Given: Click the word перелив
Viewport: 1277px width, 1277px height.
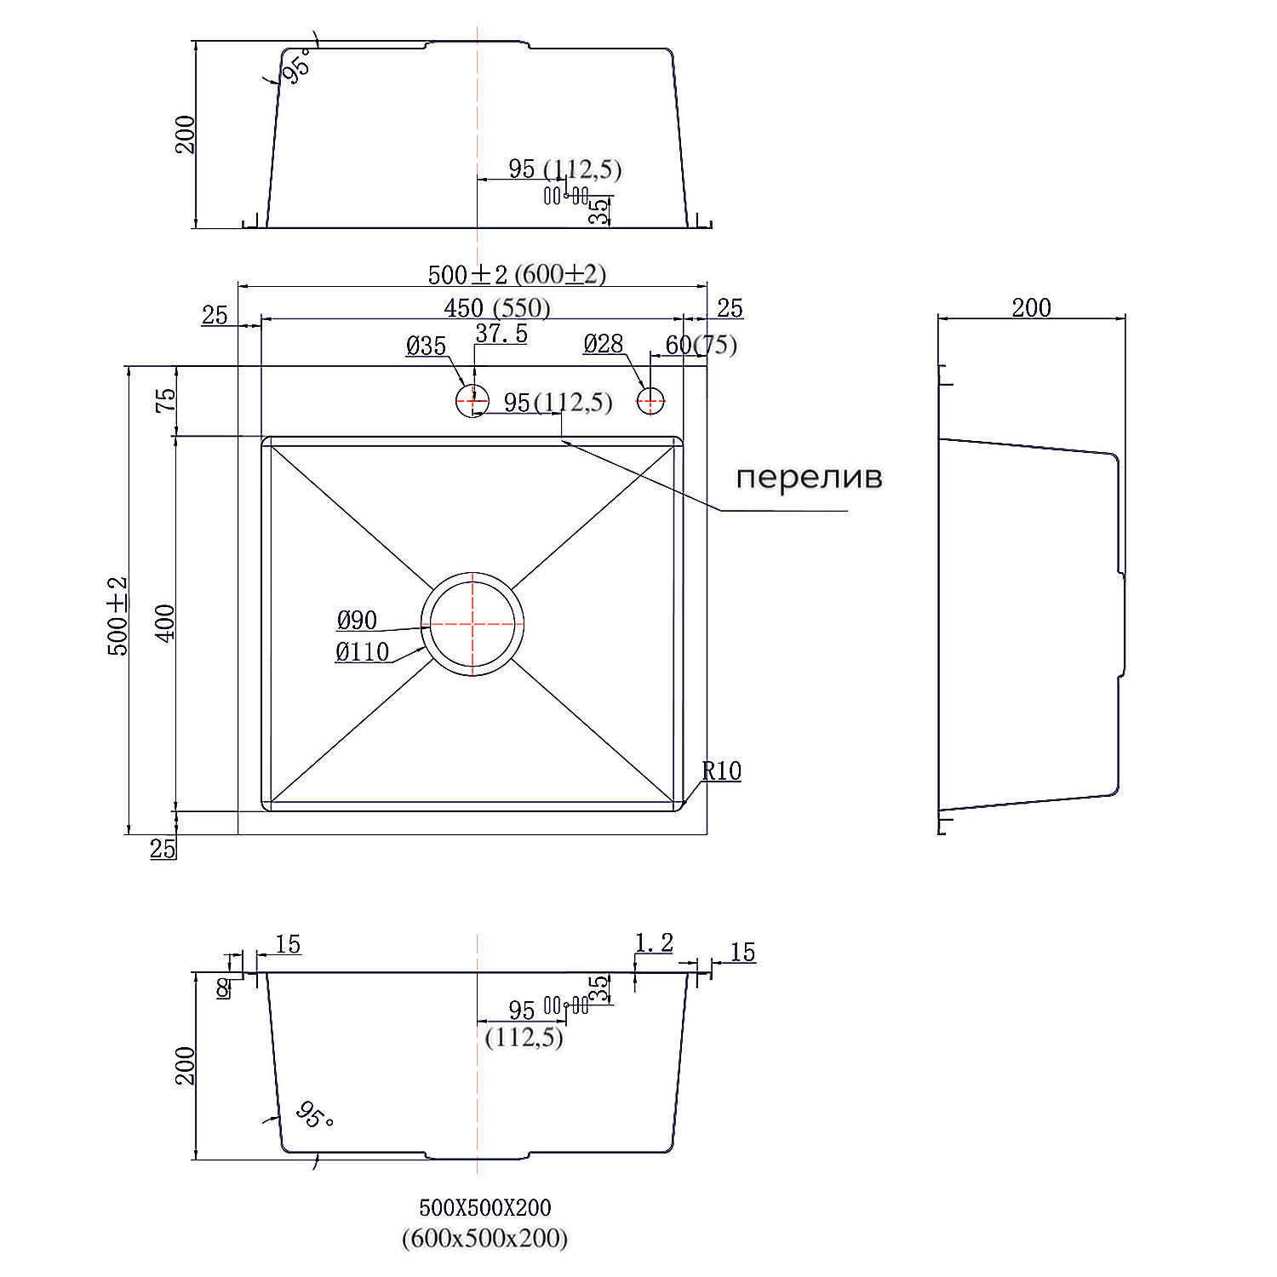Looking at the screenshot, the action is pyautogui.click(x=809, y=478).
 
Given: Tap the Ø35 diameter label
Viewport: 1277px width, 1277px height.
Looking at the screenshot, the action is pyautogui.click(x=426, y=346).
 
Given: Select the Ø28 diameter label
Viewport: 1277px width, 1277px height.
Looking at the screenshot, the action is pyautogui.click(x=604, y=344).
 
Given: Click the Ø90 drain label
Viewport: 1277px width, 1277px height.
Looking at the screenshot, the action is pyautogui.click(x=357, y=620).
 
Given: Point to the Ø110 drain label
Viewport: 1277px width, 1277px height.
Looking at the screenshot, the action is pyautogui.click(x=363, y=652).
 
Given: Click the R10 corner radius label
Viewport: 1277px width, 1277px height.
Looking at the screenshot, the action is pyautogui.click(x=722, y=771).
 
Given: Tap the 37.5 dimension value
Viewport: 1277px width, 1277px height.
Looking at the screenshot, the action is pyautogui.click(x=501, y=334).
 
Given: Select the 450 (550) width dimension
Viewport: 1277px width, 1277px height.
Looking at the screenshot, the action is pyautogui.click(x=497, y=308).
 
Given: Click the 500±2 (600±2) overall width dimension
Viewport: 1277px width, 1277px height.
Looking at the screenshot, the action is pyautogui.click(x=517, y=274).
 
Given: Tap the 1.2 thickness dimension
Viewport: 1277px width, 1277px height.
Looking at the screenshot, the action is pyautogui.click(x=654, y=943).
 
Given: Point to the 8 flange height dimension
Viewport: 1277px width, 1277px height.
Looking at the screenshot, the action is pyautogui.click(x=222, y=988).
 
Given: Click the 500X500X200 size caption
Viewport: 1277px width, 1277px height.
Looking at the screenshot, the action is pyautogui.click(x=485, y=1207).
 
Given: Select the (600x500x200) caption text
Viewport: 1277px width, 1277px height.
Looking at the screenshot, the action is pyautogui.click(x=484, y=1238).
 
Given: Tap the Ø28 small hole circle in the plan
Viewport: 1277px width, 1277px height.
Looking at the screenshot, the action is pyautogui.click(x=650, y=400).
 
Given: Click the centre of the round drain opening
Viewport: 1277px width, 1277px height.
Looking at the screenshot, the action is pyautogui.click(x=472, y=624).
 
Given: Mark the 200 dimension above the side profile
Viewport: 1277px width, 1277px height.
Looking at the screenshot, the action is pyautogui.click(x=1031, y=307).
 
